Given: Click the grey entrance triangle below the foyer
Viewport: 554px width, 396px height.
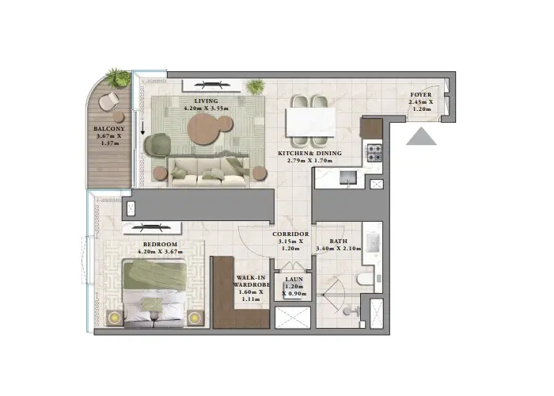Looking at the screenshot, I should (x=421, y=137).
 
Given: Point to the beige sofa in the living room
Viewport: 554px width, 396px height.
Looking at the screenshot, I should (x=210, y=169).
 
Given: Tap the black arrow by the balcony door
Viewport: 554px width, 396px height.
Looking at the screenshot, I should (x=143, y=127).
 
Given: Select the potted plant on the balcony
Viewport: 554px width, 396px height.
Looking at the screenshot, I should (x=118, y=78).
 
